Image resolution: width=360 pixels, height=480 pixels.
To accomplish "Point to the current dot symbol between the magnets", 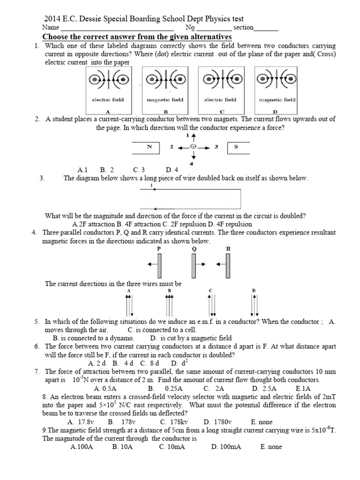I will (193, 147).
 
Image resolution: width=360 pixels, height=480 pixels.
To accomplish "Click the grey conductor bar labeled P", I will (159, 266).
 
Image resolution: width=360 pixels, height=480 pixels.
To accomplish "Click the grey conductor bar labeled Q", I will (193, 266).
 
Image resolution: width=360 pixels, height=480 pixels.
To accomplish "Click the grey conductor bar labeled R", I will (228, 266).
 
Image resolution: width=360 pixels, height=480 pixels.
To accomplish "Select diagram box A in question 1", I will (108, 89).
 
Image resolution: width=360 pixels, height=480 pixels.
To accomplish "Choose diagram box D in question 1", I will (277, 89).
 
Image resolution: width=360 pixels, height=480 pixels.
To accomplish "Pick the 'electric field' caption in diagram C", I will (220, 100).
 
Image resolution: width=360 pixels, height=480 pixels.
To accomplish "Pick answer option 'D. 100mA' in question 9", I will (226, 447).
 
